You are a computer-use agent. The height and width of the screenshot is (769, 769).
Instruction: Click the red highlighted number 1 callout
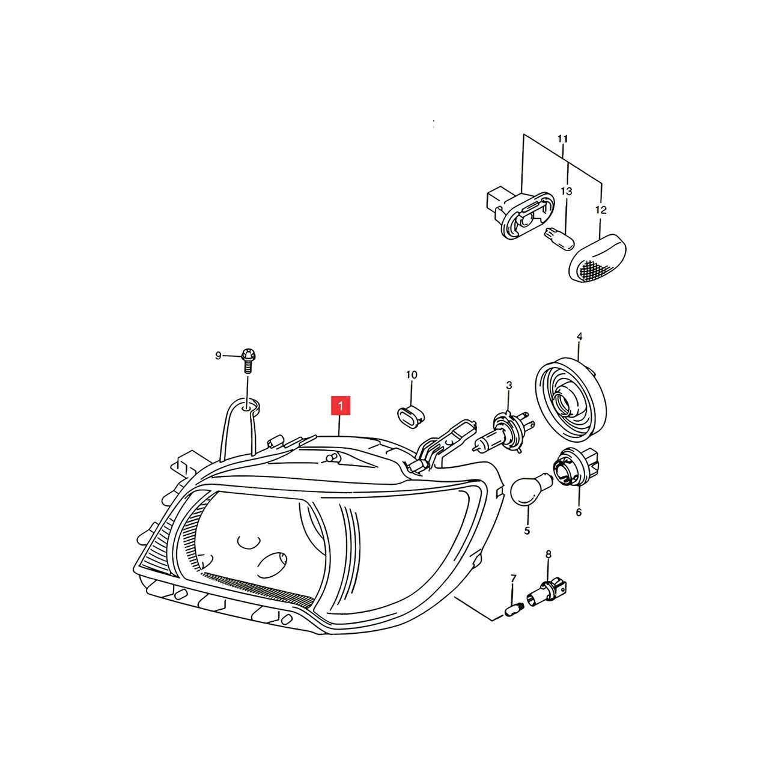[x=341, y=406]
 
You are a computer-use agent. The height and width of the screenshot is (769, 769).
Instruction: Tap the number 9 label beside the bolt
[x=218, y=356]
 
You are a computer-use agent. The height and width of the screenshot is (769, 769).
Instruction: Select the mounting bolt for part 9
[x=248, y=360]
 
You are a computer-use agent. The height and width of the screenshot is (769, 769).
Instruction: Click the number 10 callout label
[x=412, y=375]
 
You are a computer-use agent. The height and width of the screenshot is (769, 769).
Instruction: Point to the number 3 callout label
[x=509, y=386]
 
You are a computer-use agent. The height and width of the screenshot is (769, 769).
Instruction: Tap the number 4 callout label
[x=579, y=336]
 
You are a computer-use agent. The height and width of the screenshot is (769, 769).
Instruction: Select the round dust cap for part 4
[x=571, y=400]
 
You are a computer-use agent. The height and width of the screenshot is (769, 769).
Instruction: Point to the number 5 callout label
[x=527, y=530]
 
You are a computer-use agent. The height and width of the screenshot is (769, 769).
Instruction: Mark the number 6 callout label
[x=579, y=512]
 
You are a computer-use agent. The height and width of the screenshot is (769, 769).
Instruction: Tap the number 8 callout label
[x=549, y=554]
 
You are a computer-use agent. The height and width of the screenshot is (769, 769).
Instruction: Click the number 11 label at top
[x=562, y=139]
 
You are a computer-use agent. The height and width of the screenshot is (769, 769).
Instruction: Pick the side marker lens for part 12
[x=597, y=257]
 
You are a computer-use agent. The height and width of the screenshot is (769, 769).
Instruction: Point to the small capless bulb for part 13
[x=559, y=239]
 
